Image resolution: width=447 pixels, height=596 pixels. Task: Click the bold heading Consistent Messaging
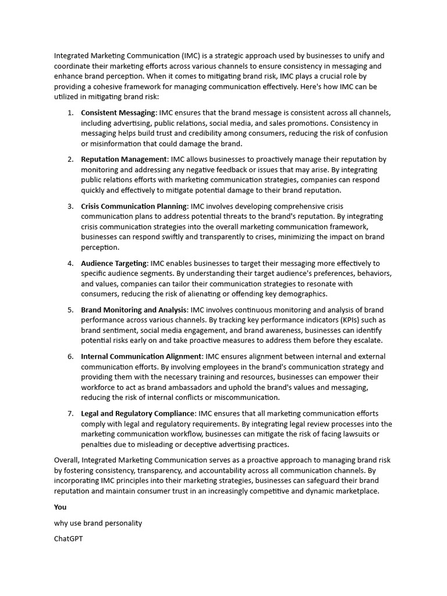coord(118,112)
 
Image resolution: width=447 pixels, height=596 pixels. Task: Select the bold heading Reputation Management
coord(123,159)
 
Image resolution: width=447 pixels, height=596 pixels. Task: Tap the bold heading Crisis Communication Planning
coord(134,206)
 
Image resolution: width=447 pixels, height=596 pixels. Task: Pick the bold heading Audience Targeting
coord(114,263)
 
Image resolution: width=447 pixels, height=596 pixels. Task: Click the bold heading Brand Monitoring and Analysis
coord(134,310)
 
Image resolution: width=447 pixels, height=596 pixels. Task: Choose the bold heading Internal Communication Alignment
coord(141,356)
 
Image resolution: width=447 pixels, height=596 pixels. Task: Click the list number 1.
coord(70,112)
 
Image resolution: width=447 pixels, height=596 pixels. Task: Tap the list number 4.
coord(70,263)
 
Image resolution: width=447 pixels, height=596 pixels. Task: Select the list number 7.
coord(70,413)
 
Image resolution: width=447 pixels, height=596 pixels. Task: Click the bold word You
coord(60,507)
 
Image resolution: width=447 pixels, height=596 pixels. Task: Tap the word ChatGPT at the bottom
coord(68,538)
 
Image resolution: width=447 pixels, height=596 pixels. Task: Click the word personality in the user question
coord(123,523)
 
